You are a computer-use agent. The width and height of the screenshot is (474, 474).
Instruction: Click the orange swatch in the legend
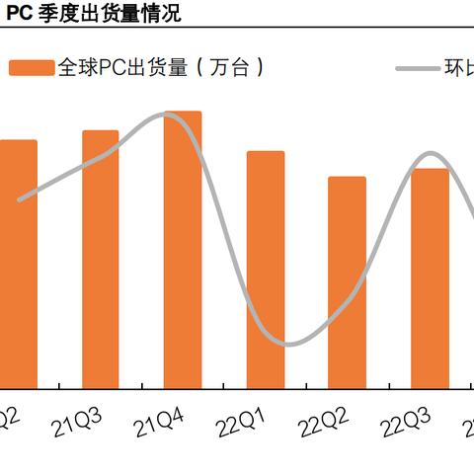point(31,68)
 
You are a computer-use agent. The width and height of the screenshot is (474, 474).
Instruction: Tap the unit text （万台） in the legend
point(230,68)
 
